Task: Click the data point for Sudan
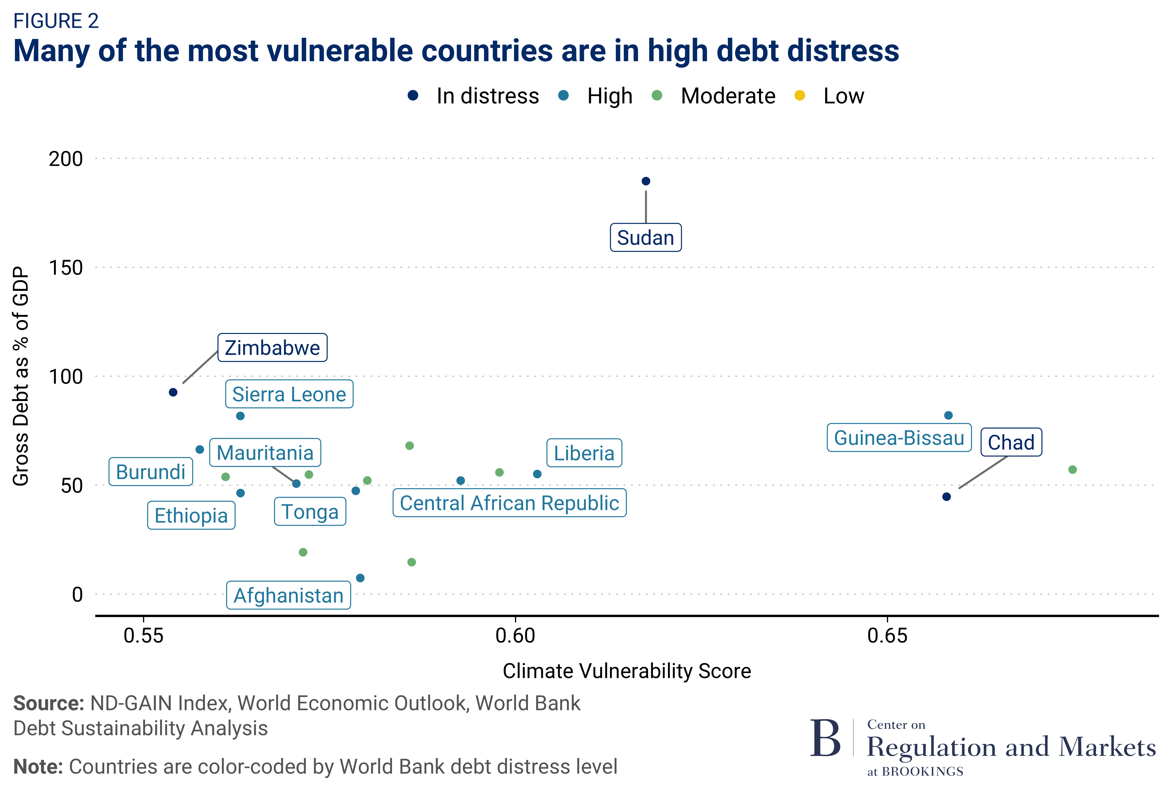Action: coord(646,181)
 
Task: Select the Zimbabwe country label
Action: coord(272,348)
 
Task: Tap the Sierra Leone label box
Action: coord(289,394)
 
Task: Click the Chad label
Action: coord(1011,442)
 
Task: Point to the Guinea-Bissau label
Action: coord(899,438)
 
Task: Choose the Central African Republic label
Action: coord(509,503)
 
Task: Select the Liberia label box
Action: coord(584,453)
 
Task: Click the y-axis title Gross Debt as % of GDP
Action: coord(21,376)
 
